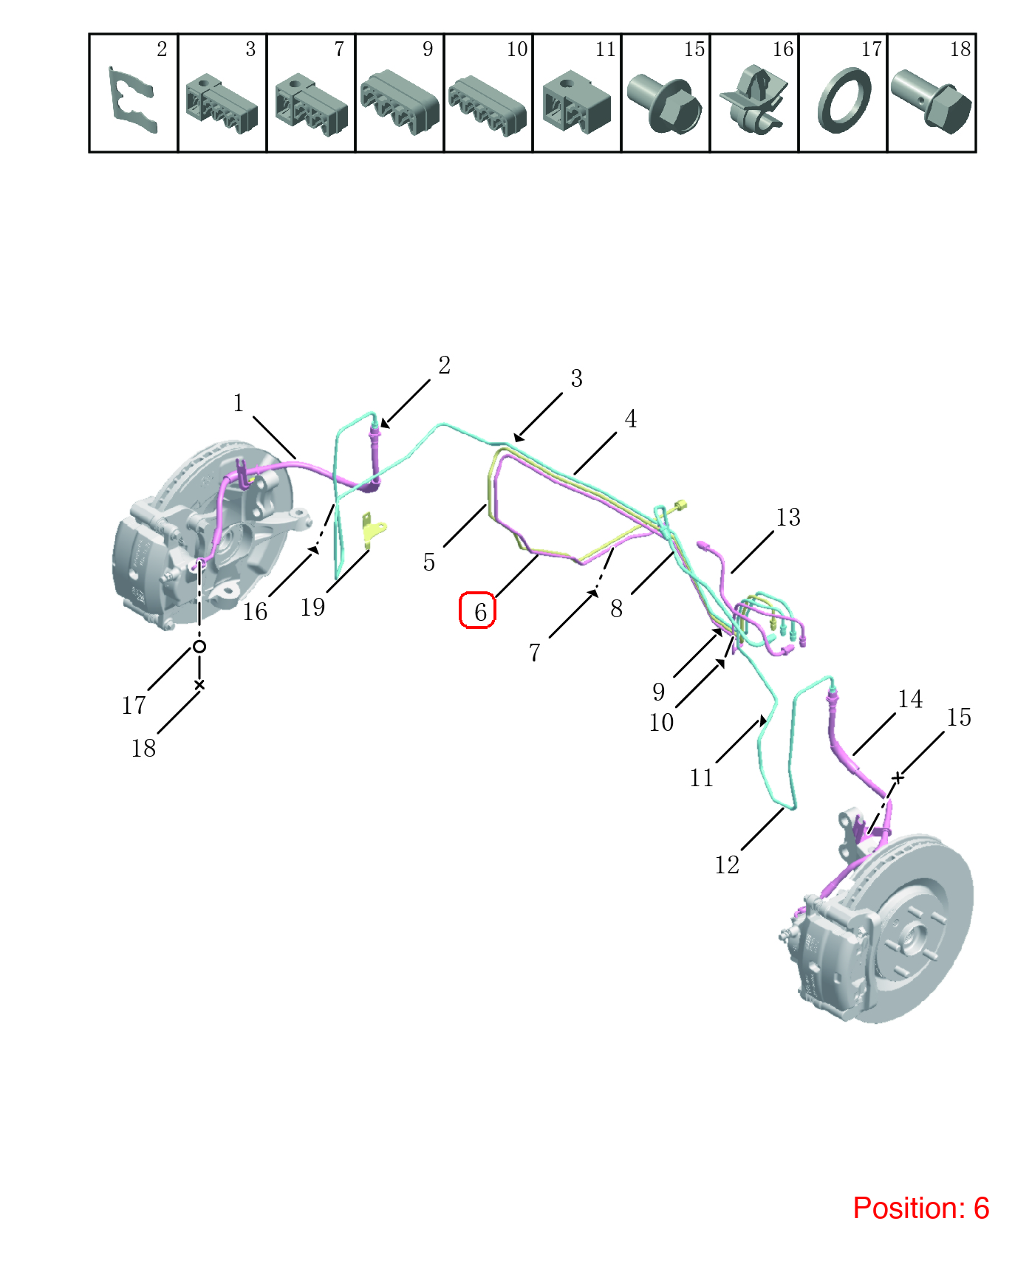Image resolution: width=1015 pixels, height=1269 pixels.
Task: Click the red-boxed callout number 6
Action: pyautogui.click(x=480, y=611)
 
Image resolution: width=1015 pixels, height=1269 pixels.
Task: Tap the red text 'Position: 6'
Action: pyautogui.click(x=920, y=1208)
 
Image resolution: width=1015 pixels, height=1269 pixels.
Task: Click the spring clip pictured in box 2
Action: pyautogui.click(x=133, y=100)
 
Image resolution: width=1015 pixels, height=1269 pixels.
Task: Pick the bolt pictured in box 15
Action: pyautogui.click(x=665, y=103)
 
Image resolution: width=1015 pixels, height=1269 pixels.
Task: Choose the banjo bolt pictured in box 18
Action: pyautogui.click(x=931, y=102)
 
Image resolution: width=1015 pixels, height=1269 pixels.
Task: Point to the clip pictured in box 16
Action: pyautogui.click(x=753, y=99)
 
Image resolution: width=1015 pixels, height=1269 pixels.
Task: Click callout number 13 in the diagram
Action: pyautogui.click(x=788, y=517)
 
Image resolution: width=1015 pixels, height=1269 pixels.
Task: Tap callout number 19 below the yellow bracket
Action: pyautogui.click(x=312, y=607)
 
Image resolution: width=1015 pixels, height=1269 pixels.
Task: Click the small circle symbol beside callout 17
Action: pyautogui.click(x=199, y=647)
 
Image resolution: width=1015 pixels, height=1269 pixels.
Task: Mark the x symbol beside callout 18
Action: pyautogui.click(x=199, y=685)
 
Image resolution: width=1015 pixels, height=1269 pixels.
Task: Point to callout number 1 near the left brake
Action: pyautogui.click(x=238, y=403)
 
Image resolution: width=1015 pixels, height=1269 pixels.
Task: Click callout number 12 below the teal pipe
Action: pyautogui.click(x=727, y=864)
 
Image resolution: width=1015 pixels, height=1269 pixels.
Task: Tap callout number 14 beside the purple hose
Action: pyautogui.click(x=910, y=698)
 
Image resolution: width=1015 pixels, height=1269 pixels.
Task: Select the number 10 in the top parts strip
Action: pyautogui.click(x=517, y=49)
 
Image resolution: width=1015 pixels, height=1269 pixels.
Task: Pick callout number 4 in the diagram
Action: pyautogui.click(x=630, y=419)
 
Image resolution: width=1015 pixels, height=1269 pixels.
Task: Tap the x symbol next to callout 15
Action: pyautogui.click(x=898, y=777)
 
